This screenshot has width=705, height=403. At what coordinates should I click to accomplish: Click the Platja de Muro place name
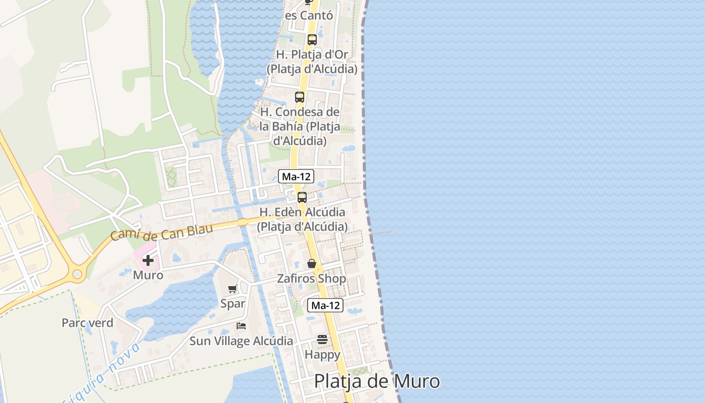(x=377, y=381)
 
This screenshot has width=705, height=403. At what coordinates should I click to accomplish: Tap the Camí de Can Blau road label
(x=162, y=232)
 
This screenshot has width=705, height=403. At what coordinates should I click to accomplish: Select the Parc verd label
(x=88, y=323)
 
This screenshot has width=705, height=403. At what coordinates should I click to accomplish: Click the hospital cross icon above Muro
(x=148, y=260)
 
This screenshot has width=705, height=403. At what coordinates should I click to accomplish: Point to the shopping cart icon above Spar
(x=232, y=289)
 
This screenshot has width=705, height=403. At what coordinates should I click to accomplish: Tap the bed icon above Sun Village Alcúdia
(x=241, y=326)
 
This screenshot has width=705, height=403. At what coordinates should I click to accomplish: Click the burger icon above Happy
(x=322, y=340)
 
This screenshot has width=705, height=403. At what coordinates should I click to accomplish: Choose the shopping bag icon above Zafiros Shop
(x=312, y=263)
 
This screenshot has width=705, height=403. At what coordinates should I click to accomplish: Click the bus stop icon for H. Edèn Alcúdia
(x=302, y=197)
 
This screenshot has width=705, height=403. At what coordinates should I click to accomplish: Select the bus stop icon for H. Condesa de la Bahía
(x=300, y=97)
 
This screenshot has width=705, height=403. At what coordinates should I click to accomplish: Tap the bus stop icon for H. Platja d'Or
(x=312, y=40)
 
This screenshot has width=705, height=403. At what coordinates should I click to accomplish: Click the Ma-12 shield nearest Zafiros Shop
(x=325, y=305)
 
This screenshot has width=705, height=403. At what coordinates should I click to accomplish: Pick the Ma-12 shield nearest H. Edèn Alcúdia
(x=296, y=176)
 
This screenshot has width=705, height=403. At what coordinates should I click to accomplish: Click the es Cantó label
(x=309, y=16)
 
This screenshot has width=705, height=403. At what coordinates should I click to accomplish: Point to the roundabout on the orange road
(x=77, y=275)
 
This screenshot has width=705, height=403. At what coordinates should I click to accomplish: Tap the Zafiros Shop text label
(x=312, y=279)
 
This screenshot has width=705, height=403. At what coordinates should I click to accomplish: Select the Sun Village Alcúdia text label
(x=241, y=341)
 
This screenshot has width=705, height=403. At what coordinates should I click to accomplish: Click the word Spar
(x=233, y=304)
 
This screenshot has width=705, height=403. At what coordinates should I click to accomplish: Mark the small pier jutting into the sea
(x=381, y=233)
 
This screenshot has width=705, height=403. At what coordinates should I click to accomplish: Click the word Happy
(x=322, y=355)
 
